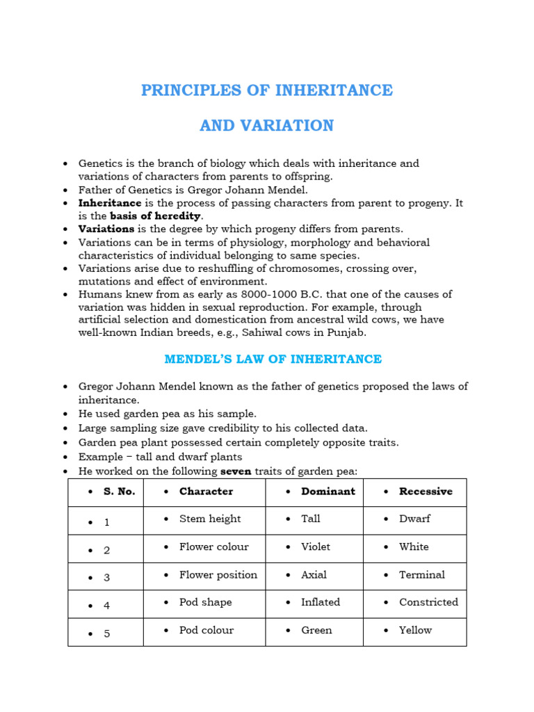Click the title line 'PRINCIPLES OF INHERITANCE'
coord(267,90)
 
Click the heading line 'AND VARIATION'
coord(267,126)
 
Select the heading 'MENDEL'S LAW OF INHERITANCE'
coord(273,359)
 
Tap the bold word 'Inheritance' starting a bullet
coord(110,203)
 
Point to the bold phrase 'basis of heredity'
coord(156,216)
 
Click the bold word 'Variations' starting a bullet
coord(106,229)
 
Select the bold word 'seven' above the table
coord(235,471)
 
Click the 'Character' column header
coord(206,492)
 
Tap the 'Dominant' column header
coord(328,492)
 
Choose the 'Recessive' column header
coord(426,492)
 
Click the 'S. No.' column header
coord(120,492)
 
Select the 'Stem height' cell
coord(210,519)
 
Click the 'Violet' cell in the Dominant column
coord(316,547)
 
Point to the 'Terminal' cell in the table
coord(422,575)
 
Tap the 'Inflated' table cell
coord(321,602)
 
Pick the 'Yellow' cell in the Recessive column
coord(416,630)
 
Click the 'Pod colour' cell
coord(207,630)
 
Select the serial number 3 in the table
coord(107,578)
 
